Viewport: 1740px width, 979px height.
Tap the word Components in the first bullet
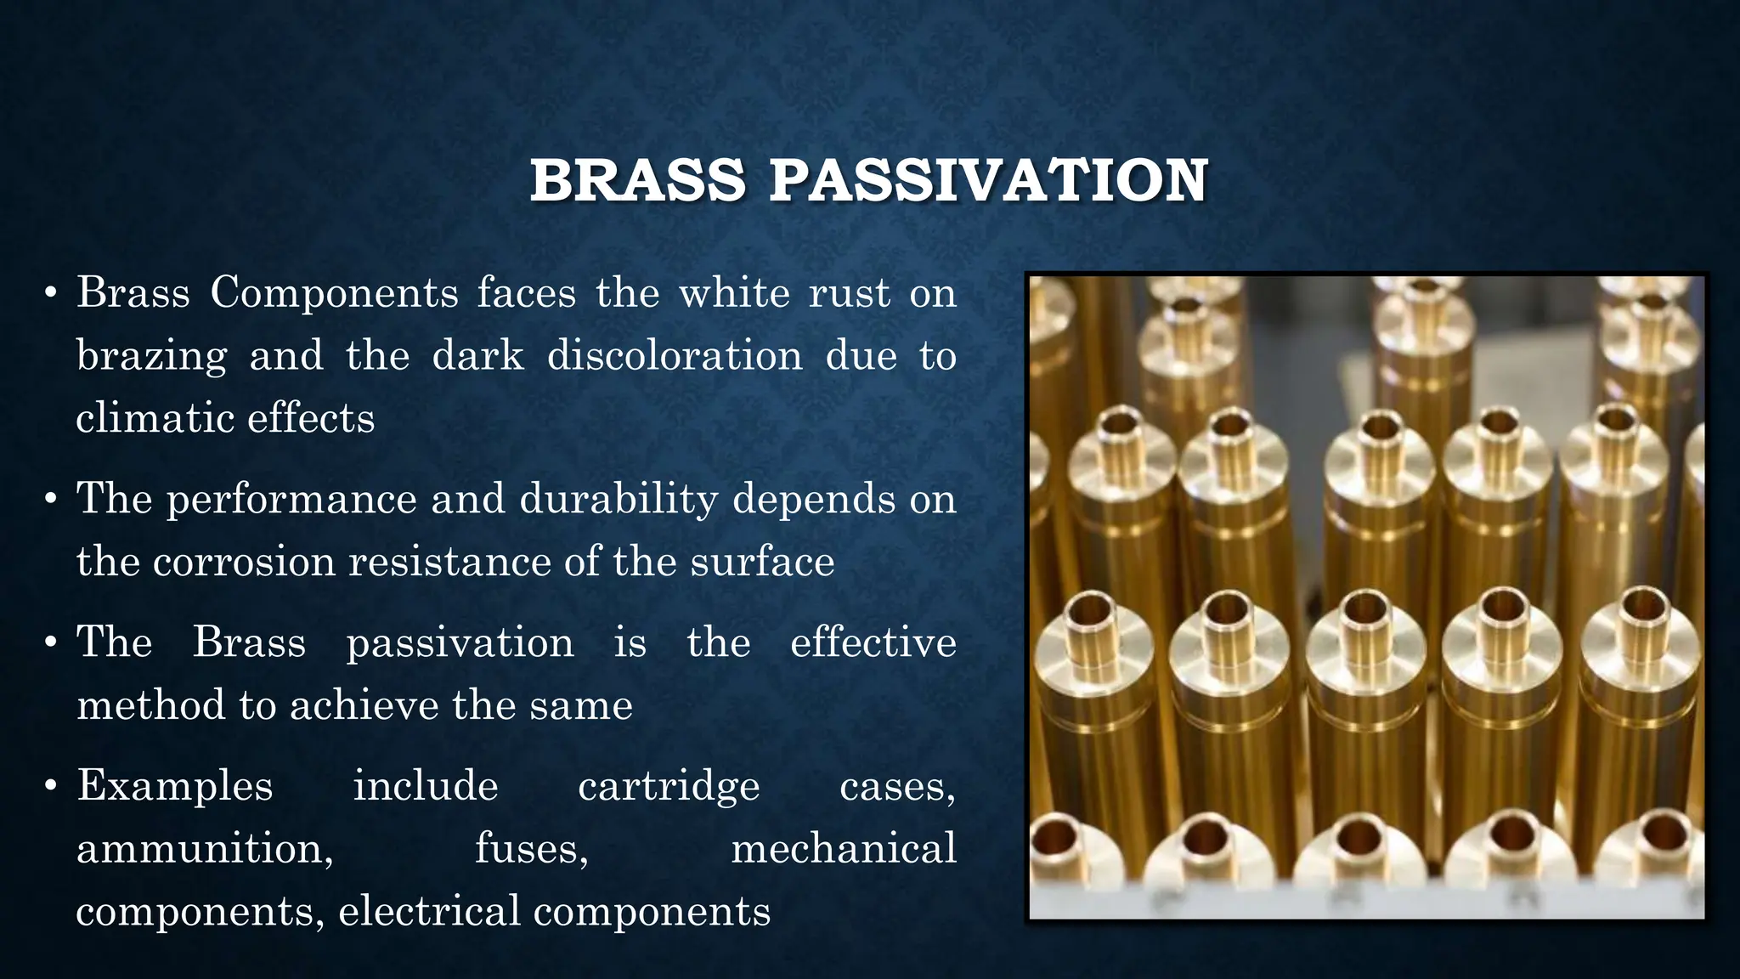point(334,293)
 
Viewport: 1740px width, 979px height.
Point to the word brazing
point(152,356)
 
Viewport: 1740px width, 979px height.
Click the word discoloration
point(675,355)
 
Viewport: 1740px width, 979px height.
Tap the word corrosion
point(245,562)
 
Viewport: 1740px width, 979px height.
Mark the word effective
point(873,642)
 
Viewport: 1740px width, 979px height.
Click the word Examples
point(175,786)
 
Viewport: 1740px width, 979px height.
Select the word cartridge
point(669,786)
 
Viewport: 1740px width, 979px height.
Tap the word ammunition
point(205,848)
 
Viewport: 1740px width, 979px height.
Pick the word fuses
point(531,848)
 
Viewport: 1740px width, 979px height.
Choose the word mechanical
point(843,848)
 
